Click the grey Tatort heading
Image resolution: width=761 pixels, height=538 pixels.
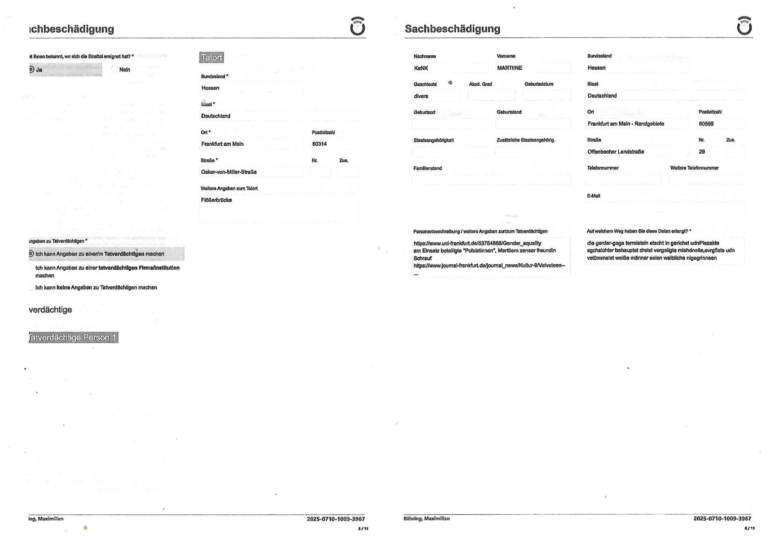211,57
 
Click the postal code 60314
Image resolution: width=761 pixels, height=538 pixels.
319,144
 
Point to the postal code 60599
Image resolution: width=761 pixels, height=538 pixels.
706,124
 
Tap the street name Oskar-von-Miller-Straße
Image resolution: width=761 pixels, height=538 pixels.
229,172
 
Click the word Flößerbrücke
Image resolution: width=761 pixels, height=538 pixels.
216,200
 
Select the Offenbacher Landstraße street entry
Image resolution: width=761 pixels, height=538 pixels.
616,152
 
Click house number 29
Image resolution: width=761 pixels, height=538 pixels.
702,152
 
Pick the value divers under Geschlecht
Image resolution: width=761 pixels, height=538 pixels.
421,96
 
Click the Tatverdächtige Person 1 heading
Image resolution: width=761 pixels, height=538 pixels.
73,337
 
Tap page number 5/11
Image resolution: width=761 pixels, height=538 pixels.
363,529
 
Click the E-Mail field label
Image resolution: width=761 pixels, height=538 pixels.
593,196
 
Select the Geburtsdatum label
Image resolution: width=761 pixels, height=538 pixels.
538,84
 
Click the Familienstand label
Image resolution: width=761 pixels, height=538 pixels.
427,168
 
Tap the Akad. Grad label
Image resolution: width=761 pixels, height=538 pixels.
480,84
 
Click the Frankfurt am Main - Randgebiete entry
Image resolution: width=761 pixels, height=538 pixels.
625,124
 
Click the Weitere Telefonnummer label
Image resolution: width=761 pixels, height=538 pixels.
694,168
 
